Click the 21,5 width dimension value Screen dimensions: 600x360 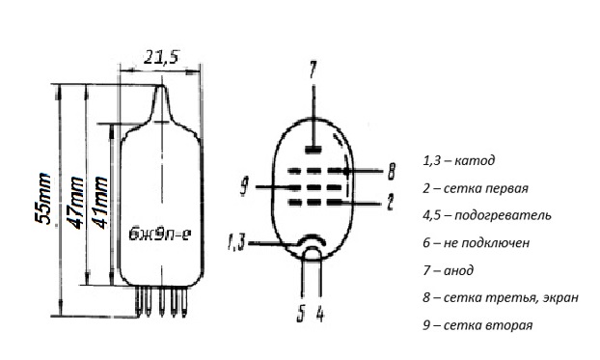tap(161, 58)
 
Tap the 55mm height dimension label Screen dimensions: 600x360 tap(42, 199)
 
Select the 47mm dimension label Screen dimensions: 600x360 tap(75, 203)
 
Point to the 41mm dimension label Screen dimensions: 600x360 tap(100, 203)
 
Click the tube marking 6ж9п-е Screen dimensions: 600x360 tap(160, 234)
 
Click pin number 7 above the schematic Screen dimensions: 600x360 tap(313, 69)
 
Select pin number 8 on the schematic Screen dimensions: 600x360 tap(391, 171)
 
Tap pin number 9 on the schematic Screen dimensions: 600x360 tap(244, 186)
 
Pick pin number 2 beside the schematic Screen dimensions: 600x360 tap(390, 202)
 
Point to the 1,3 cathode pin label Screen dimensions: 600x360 tap(236, 242)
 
